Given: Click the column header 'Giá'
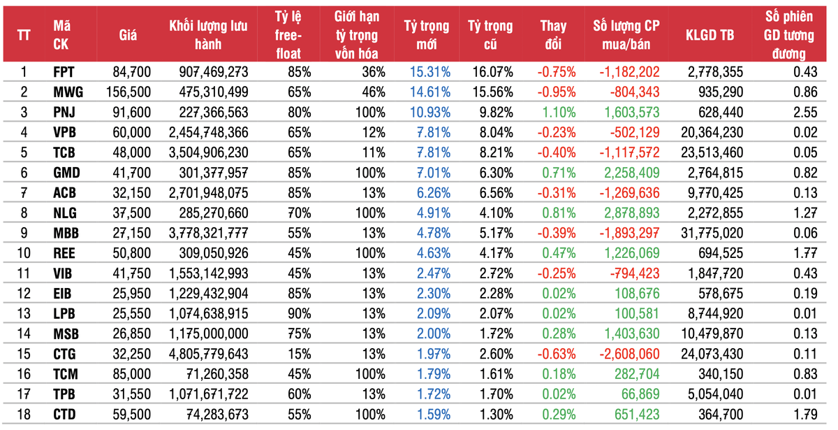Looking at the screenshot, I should click(127, 36).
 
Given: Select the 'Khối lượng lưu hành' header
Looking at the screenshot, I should click(204, 36).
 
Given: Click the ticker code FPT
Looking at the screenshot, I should click(64, 71).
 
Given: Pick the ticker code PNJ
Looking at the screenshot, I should click(64, 112).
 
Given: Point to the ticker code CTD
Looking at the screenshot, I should click(64, 414).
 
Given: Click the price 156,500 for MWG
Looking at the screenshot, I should click(128, 92).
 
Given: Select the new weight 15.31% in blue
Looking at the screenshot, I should click(427, 71).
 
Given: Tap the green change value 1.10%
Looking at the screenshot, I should click(557, 112).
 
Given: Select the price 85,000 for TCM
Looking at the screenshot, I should click(131, 373).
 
